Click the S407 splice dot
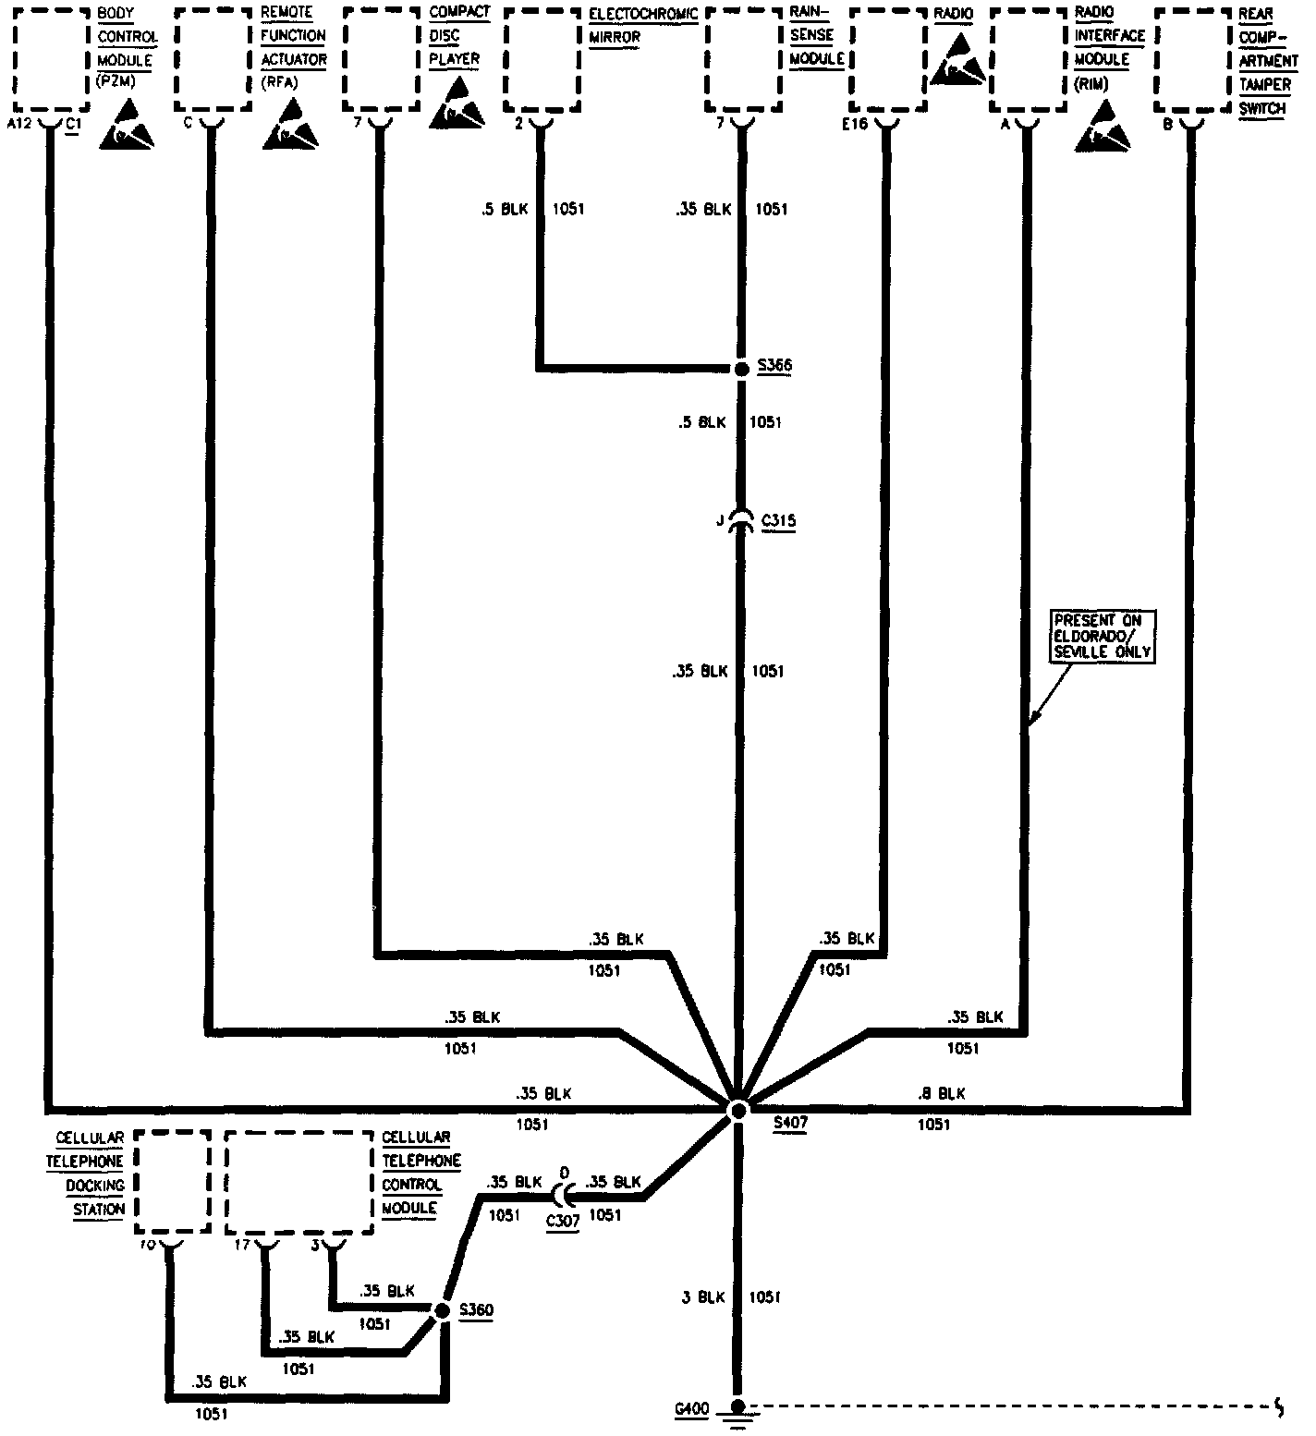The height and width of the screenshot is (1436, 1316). coord(737,1111)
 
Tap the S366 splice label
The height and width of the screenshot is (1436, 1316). coord(774,366)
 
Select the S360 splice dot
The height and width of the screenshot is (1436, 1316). coord(442,1311)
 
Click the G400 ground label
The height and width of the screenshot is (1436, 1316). coord(691,1409)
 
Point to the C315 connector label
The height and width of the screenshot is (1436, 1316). coord(778,521)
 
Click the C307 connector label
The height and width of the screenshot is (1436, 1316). coord(563,1221)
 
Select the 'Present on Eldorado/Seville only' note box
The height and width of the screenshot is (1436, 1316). coord(1103,636)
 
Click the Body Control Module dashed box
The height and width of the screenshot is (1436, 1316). coord(51,60)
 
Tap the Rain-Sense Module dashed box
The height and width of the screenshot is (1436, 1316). coord(744,60)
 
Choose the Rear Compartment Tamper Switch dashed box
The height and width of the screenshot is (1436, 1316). coord(1193,60)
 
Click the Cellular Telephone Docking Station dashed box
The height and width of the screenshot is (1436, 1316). coord(172,1182)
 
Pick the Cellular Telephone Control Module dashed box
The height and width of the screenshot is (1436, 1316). coord(300,1182)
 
